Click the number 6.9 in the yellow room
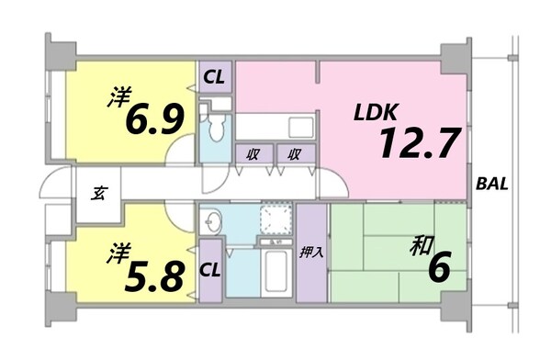[151, 118]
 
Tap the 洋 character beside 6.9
[116, 96]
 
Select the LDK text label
[375, 113]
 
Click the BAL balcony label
[493, 183]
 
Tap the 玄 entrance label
[96, 194]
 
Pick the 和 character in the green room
[422, 245]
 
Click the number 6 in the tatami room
[439, 269]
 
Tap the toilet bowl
[217, 128]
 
